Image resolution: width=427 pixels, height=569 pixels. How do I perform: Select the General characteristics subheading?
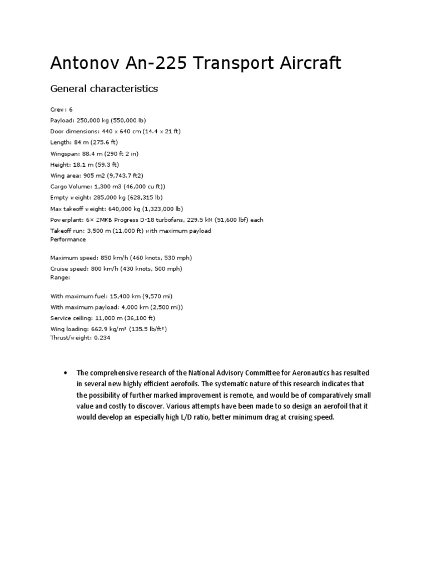tap(104, 88)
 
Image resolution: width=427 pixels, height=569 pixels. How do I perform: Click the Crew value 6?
tap(71, 109)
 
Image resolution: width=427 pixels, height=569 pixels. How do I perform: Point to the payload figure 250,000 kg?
tap(96, 121)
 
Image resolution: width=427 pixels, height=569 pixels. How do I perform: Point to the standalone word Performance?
tap(68, 239)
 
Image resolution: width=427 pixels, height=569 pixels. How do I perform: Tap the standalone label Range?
tap(60, 277)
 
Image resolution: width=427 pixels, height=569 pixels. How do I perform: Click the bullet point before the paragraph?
tap(66, 373)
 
